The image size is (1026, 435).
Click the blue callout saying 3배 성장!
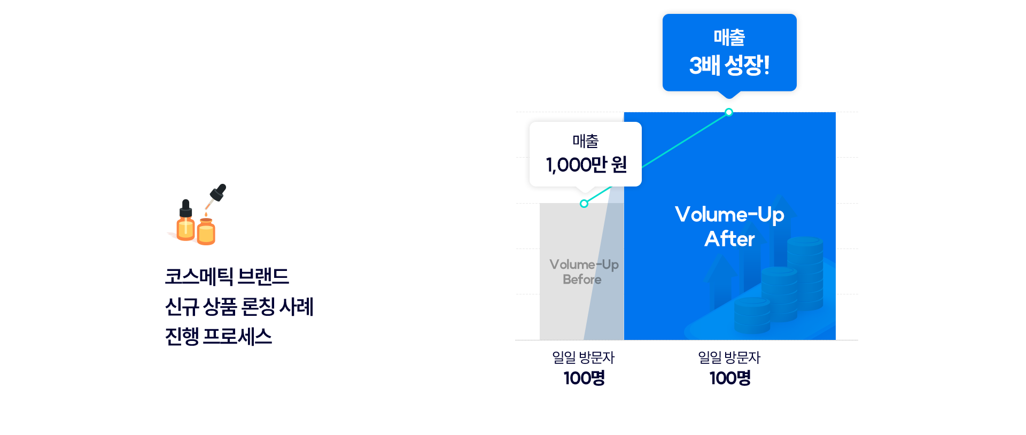coord(729,52)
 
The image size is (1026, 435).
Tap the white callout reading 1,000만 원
coord(586,154)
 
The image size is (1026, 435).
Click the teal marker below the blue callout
coord(729,112)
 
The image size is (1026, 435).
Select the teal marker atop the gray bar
coord(584,204)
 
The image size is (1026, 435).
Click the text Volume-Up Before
coord(584,272)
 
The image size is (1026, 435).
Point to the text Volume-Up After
coord(729,227)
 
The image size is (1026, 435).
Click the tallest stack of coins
coord(805,273)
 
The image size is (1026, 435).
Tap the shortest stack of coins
coord(752,315)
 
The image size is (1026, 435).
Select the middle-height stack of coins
coord(780,294)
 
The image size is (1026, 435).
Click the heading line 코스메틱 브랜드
coord(227,277)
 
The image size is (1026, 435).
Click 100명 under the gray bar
coord(584,378)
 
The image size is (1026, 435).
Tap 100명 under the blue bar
coord(730,378)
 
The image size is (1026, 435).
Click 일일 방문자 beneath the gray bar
coord(584,358)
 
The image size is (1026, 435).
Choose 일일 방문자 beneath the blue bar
coord(729,358)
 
